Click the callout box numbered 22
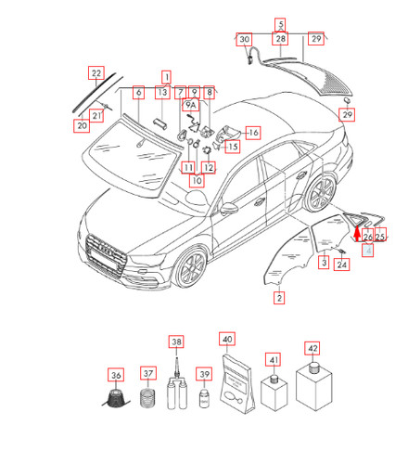click(x=96, y=73)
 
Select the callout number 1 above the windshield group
click(x=166, y=77)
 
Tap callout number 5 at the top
click(x=280, y=24)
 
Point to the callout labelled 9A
click(x=191, y=105)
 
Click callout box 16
click(x=253, y=133)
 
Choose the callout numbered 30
click(x=244, y=39)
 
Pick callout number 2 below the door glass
click(x=279, y=298)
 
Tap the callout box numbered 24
click(x=341, y=264)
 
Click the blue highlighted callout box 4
click(x=368, y=250)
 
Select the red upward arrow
click(x=357, y=234)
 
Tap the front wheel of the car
click(x=189, y=266)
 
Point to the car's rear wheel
click(x=322, y=192)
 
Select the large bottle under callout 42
click(x=313, y=387)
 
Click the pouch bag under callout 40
click(x=237, y=385)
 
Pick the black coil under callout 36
click(x=116, y=398)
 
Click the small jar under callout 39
click(x=204, y=399)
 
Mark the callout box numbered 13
click(x=162, y=92)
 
